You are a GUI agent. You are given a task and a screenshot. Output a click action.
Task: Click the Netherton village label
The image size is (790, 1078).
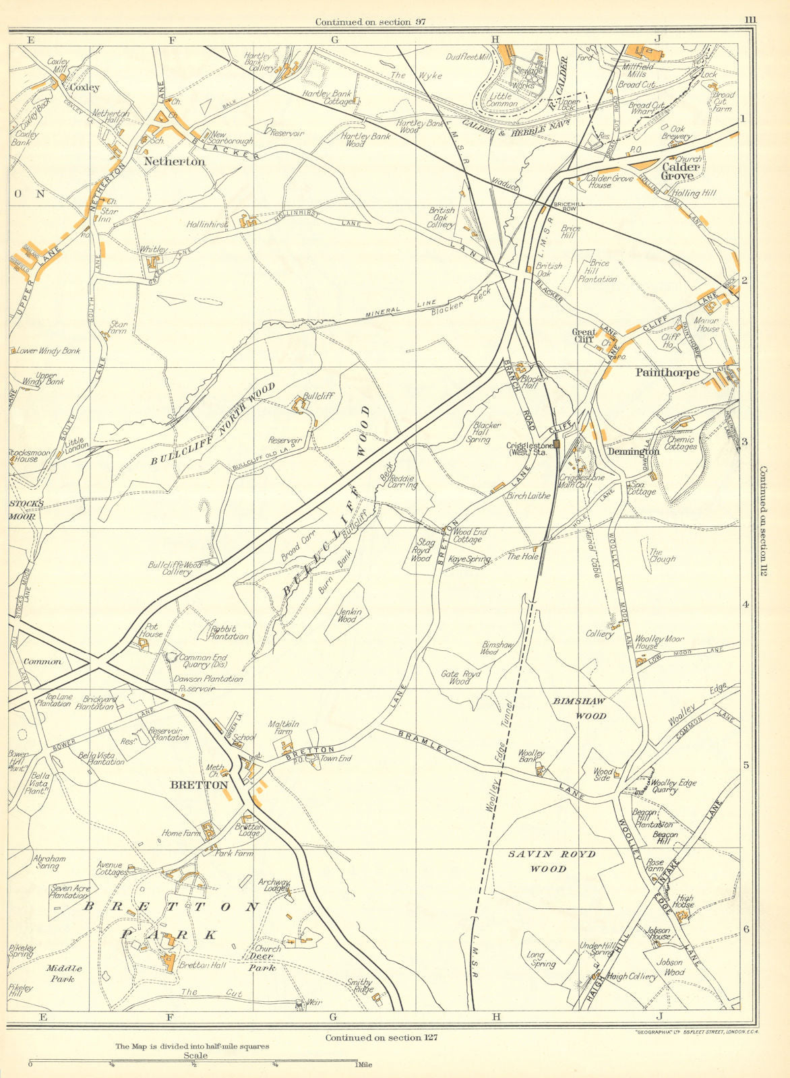pyautogui.click(x=174, y=162)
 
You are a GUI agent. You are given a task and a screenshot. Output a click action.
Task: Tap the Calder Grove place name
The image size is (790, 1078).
pyautogui.click(x=677, y=171)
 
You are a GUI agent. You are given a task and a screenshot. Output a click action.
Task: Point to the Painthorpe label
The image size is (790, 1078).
pyautogui.click(x=667, y=372)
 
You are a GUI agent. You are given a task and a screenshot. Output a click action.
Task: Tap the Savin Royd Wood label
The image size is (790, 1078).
pyautogui.click(x=551, y=861)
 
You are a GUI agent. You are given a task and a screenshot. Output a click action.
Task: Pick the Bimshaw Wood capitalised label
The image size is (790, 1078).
pyautogui.click(x=580, y=708)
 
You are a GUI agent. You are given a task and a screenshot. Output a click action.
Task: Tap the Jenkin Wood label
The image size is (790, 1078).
pyautogui.click(x=346, y=615)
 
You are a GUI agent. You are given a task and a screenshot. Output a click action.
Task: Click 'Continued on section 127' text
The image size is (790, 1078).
pyautogui.click(x=382, y=1038)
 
